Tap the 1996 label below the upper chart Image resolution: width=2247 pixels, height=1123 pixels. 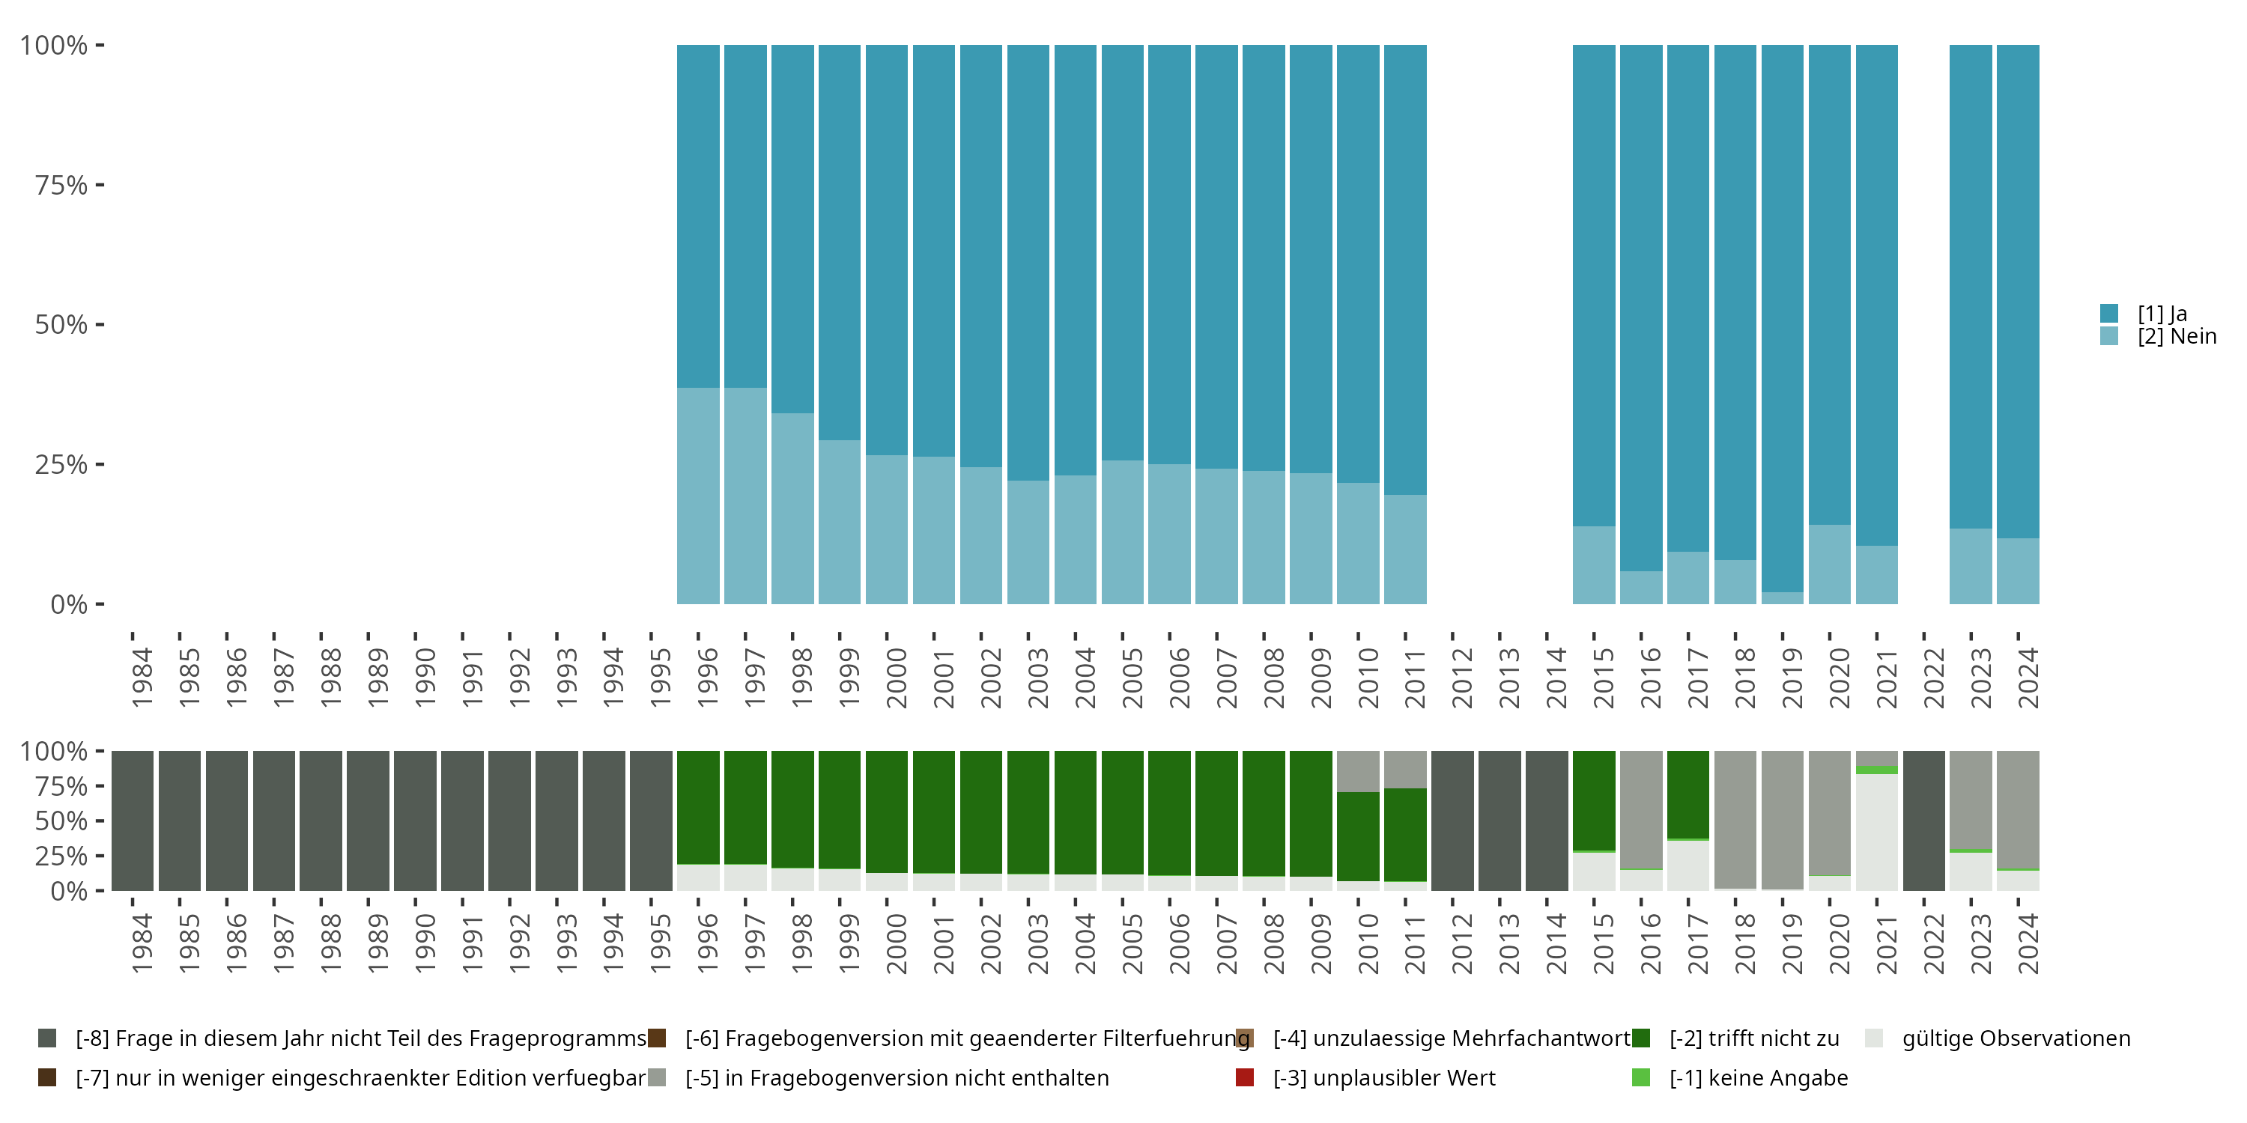click(x=707, y=678)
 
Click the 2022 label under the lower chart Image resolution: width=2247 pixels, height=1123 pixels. click(x=1934, y=943)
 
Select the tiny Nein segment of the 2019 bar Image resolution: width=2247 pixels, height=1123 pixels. click(x=1782, y=598)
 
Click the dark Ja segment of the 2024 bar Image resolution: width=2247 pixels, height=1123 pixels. click(x=2018, y=291)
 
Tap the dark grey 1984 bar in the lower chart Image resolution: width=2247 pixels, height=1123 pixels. click(x=133, y=821)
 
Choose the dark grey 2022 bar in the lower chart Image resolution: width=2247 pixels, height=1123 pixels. click(x=1923, y=821)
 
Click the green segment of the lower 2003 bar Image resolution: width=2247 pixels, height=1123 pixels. click(x=1028, y=812)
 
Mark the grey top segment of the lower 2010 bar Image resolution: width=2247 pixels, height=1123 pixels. click(x=1358, y=772)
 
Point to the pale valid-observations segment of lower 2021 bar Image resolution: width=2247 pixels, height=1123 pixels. click(x=1876, y=833)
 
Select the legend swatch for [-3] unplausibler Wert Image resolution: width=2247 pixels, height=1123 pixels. click(x=1245, y=1077)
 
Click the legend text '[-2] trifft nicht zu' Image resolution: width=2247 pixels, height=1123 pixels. click(x=1754, y=1038)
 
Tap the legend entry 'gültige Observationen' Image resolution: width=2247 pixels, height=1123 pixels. click(x=1998, y=1038)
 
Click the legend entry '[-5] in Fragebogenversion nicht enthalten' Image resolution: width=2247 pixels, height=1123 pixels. click(x=879, y=1077)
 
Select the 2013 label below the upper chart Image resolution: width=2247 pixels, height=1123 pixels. click(x=1509, y=678)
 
